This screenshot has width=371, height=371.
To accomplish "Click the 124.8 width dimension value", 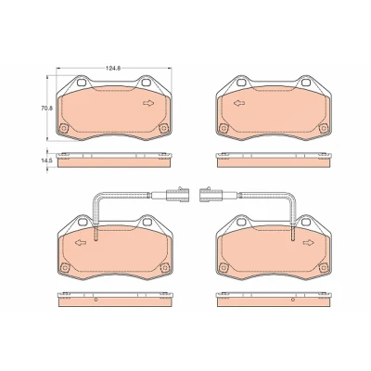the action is (x=113, y=69).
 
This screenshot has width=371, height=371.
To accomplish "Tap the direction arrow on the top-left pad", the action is (x=148, y=103).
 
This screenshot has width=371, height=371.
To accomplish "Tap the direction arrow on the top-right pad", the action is (x=239, y=103).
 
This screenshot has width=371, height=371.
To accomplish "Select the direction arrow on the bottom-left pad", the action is (x=81, y=243).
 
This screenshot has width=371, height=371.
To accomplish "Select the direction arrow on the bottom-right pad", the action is (x=308, y=243).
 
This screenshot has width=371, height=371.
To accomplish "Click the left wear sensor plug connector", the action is (x=174, y=195).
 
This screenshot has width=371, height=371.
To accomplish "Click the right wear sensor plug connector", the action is (x=209, y=195).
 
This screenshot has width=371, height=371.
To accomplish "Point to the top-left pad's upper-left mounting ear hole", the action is (x=82, y=83).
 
